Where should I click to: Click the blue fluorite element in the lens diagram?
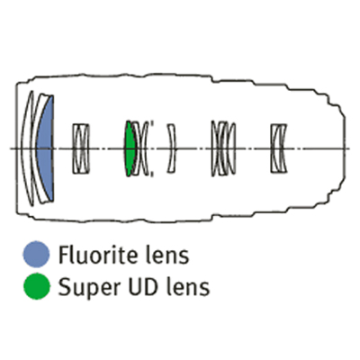click(46, 148)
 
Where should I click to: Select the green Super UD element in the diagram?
click(130, 148)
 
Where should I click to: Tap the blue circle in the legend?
click(36, 254)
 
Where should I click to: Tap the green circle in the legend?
click(37, 286)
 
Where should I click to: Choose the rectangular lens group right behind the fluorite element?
click(81, 148)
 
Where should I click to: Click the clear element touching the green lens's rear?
click(137, 148)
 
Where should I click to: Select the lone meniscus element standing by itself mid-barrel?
click(172, 148)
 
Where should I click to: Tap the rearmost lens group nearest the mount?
click(279, 148)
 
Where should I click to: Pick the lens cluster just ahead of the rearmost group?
click(223, 148)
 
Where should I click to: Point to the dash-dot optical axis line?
click(180, 148)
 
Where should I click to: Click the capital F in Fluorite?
click(64, 255)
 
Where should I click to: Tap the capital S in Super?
click(64, 287)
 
